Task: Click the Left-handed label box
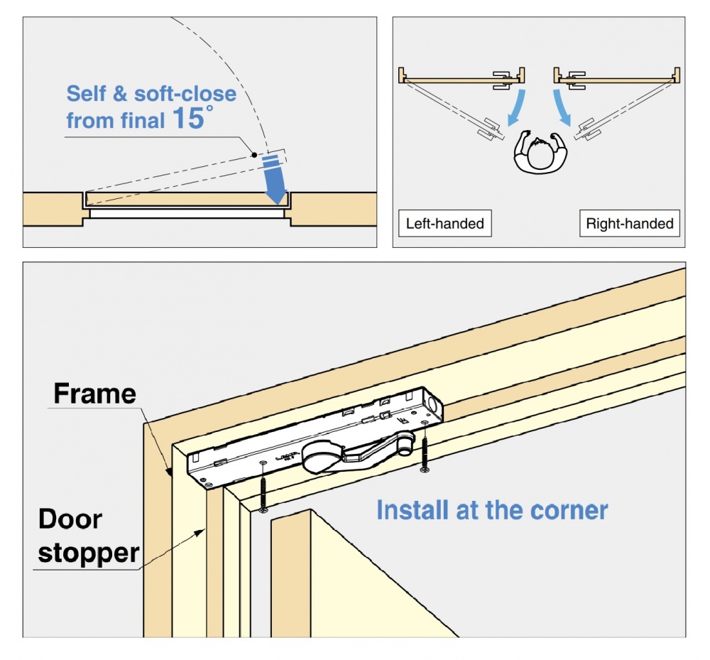tap(444, 224)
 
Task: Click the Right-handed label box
tap(629, 224)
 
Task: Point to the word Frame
tap(94, 393)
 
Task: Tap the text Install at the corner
tap(492, 510)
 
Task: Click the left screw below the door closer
tap(263, 487)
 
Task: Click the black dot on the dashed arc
tap(253, 153)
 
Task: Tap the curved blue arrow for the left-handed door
tap(515, 107)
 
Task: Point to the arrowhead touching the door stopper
tap(206, 529)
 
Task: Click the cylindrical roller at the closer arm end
tap(405, 446)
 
